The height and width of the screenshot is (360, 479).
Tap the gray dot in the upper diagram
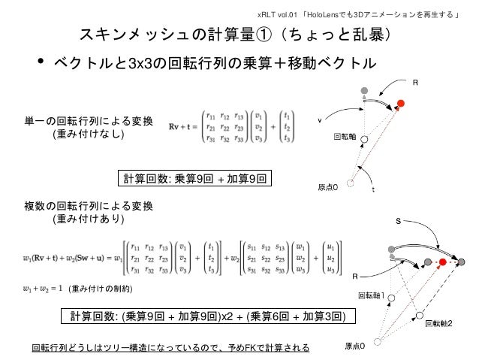(364, 91)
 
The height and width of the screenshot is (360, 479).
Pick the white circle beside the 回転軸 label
(363, 139)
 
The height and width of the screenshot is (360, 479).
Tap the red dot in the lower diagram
(444, 262)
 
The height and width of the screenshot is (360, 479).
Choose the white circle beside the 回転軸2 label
(420, 313)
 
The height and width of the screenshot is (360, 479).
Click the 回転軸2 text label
(438, 323)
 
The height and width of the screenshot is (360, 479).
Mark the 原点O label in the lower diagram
(354, 346)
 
